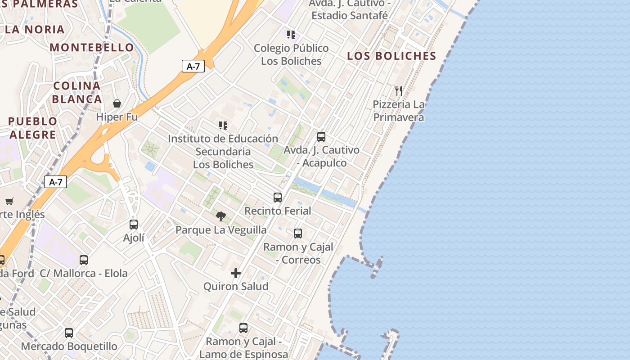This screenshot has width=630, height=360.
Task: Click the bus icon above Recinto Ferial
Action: [278, 197]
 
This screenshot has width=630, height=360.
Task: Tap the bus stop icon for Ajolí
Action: [134, 224]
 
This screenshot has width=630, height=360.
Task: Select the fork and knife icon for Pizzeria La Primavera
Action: [398, 91]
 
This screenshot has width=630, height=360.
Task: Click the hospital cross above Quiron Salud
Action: [235, 273]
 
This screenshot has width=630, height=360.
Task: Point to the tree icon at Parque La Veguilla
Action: [220, 216]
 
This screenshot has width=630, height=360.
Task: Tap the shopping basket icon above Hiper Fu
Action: [117, 103]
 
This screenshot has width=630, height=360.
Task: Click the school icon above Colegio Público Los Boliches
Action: [291, 34]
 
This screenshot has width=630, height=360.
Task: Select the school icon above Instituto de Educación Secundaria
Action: [223, 125]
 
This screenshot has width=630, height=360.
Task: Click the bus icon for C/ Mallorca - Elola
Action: [84, 260]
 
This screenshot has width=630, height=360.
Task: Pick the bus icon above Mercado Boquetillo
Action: [69, 333]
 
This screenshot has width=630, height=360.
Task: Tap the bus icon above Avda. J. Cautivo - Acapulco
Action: [321, 136]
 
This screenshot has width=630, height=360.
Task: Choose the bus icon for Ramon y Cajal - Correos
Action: [298, 233]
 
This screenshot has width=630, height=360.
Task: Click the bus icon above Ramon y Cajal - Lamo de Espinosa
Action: [243, 328]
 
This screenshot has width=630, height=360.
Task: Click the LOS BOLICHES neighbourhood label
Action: [392, 56]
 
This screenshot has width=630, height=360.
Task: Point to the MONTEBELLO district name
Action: [92, 47]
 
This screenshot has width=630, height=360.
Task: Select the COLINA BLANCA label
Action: [77, 92]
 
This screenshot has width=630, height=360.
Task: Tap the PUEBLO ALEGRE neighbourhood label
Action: [33, 128]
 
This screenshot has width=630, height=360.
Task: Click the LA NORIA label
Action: [35, 30]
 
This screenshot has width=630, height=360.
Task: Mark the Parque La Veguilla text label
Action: [221, 230]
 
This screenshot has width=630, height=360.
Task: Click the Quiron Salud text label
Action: [236, 286]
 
